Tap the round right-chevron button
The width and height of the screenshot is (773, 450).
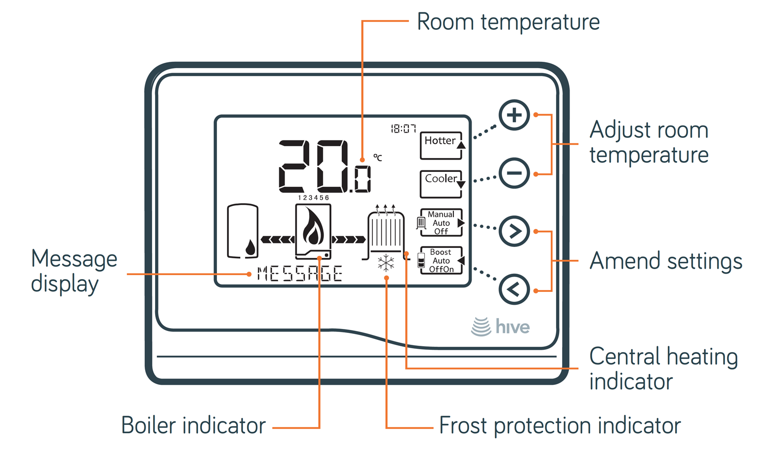tap(514, 231)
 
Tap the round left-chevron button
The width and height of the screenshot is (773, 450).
tap(514, 289)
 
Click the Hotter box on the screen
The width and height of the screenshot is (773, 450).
tap(442, 145)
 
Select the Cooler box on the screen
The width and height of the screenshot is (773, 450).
tap(442, 184)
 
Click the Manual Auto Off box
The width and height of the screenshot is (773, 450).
tap(442, 223)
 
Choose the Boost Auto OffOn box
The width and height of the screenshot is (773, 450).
tap(442, 260)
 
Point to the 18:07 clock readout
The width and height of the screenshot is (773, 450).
tap(404, 129)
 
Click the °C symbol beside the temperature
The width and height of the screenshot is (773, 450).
tap(378, 158)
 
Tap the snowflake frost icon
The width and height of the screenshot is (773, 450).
tap(386, 263)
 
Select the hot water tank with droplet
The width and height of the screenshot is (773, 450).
tap(243, 231)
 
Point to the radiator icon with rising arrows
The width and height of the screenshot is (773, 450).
tap(386, 231)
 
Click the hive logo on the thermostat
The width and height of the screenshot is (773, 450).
tap(500, 327)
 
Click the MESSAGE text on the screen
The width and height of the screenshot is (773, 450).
tap(300, 274)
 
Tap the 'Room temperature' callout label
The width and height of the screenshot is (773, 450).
tap(508, 22)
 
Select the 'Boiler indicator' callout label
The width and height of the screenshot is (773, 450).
tap(194, 425)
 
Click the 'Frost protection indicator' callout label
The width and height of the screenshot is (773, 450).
tap(560, 426)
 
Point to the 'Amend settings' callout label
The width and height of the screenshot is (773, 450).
tap(666, 261)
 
